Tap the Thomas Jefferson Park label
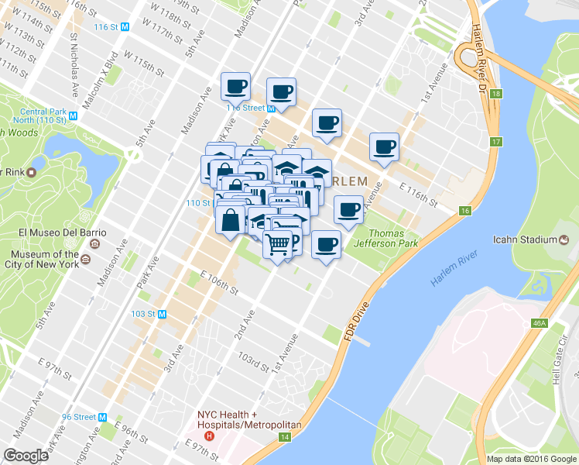pos(392,239)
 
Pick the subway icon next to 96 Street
pos(102,417)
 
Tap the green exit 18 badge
pos(496,94)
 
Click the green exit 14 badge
pos(286,439)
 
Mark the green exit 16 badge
pos(465,211)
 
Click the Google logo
pos(26,455)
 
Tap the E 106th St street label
pos(219,282)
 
